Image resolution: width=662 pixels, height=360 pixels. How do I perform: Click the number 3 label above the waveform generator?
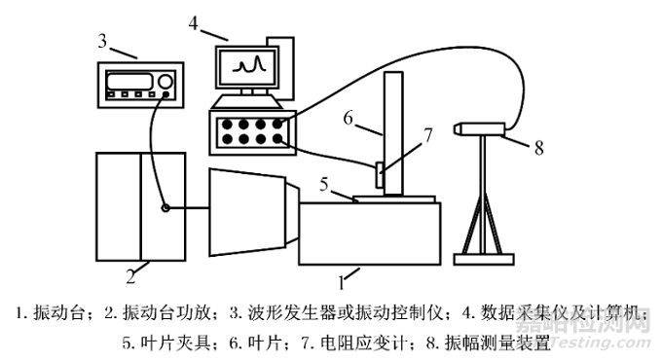coord(102,41)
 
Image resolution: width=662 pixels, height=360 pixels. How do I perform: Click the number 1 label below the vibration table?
coord(342,282)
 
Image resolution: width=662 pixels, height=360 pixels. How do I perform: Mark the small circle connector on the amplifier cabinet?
coord(165,206)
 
